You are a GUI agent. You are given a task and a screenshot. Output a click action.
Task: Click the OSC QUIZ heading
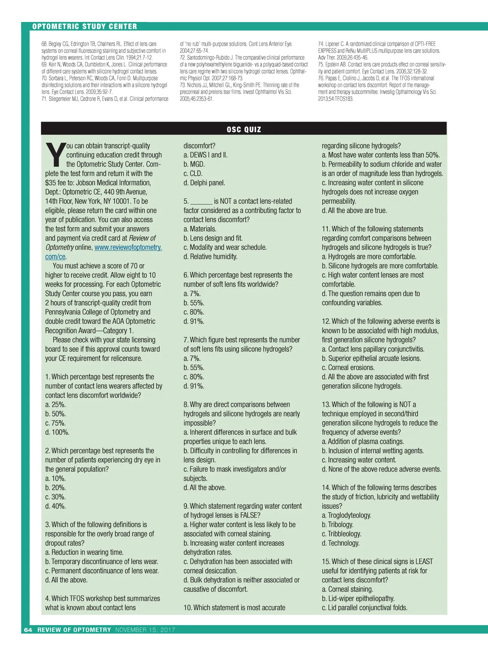click(x=244, y=129)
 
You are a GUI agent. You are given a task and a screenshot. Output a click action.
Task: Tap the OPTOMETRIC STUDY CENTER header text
click(x=85, y=26)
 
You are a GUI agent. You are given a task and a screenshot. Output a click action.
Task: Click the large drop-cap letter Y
click(x=55, y=155)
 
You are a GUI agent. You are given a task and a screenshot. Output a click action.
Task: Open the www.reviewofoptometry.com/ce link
click(x=128, y=247)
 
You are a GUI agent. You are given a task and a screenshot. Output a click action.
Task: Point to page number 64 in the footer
click(x=28, y=630)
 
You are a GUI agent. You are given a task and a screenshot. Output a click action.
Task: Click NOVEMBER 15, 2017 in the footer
click(x=145, y=630)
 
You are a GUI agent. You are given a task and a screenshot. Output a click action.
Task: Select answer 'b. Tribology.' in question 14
click(x=338, y=525)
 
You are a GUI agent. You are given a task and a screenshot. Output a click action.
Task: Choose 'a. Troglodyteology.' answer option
click(x=346, y=515)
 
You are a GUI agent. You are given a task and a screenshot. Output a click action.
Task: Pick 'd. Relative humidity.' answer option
click(x=210, y=257)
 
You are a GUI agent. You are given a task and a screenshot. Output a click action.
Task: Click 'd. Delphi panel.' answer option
click(x=204, y=183)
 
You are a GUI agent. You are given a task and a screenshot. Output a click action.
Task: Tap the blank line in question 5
click(x=201, y=202)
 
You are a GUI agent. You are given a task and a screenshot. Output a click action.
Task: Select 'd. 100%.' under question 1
click(x=57, y=432)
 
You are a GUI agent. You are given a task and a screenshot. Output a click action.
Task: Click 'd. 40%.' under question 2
click(x=56, y=506)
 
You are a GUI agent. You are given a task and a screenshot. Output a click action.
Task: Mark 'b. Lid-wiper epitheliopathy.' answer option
click(x=358, y=598)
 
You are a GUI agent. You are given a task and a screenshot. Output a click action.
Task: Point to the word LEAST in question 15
click(x=424, y=561)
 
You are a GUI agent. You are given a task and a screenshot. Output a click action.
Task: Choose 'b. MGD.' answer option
click(x=194, y=164)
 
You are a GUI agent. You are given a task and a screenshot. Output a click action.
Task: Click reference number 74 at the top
click(x=320, y=44)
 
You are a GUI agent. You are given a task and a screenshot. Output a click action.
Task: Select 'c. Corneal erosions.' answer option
click(x=348, y=367)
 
